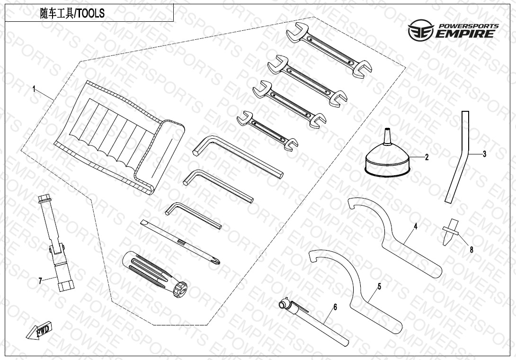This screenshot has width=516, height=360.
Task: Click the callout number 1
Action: point(34,89)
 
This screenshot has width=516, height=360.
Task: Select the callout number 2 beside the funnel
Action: point(427,157)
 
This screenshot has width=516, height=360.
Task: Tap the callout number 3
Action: point(484,153)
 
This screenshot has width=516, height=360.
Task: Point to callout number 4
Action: point(416,226)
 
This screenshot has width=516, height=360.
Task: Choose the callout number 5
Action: point(380,287)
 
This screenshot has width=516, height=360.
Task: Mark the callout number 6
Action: point(335,307)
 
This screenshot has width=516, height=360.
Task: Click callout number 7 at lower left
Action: point(40,280)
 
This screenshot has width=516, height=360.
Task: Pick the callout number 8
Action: point(471,250)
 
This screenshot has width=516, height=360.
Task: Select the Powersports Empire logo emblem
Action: point(421,30)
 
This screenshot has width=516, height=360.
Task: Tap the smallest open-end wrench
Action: point(267,130)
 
